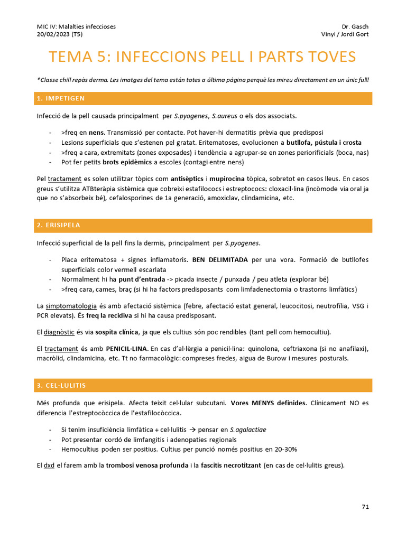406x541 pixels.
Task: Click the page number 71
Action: (x=365, y=507)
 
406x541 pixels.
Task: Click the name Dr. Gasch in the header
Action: (x=356, y=26)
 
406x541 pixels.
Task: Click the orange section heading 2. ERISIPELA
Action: (x=59, y=226)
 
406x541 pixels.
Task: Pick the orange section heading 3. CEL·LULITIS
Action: (x=61, y=386)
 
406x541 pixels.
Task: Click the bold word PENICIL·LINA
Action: (x=127, y=349)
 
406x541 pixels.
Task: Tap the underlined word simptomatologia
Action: (x=71, y=306)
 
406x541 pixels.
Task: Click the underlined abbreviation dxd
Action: (x=49, y=465)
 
